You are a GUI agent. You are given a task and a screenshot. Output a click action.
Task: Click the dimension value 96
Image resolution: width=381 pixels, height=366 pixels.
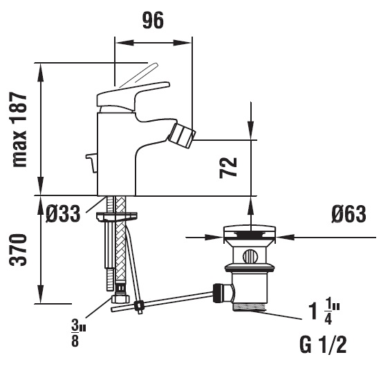click(153, 21)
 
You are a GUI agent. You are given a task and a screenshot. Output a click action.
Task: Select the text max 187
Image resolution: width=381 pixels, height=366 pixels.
click(19, 130)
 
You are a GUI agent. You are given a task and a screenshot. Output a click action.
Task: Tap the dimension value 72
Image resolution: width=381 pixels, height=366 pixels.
click(228, 168)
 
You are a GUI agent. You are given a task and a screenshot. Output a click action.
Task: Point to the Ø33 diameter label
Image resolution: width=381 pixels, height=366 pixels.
click(63, 214)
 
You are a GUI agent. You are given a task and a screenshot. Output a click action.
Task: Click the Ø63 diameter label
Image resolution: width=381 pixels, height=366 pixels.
click(349, 214)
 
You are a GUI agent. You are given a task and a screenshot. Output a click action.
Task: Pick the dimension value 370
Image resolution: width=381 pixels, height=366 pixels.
click(18, 250)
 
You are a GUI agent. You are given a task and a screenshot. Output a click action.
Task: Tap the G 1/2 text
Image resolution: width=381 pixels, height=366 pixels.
click(323, 345)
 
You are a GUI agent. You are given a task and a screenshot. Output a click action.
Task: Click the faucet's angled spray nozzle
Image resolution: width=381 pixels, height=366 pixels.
click(182, 135)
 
